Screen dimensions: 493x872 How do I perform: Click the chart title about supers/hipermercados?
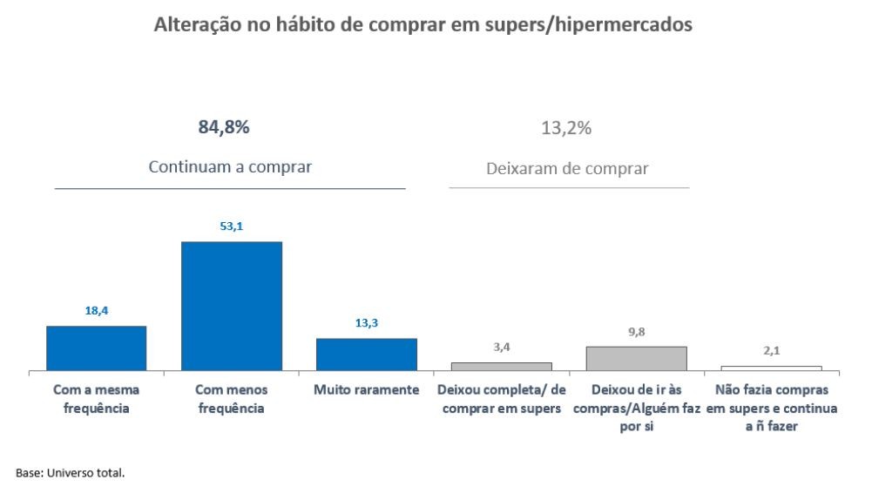423,25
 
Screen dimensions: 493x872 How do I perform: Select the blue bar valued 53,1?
231,306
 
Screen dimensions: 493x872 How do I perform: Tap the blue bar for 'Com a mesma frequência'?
96,348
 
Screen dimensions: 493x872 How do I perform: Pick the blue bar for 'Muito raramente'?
366,355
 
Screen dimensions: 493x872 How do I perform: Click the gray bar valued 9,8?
636,358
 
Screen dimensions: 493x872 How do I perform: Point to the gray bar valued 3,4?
501,367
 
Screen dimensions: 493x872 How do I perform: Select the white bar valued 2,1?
771,368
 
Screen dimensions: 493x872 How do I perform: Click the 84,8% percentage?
224,127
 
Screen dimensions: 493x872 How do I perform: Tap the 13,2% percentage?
566,128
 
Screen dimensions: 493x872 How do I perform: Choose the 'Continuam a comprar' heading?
230,167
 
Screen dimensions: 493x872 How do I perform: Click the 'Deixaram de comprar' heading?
567,169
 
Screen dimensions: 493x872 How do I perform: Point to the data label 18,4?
96,309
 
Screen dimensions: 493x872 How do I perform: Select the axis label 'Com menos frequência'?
231,399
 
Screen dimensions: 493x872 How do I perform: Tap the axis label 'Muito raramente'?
366,390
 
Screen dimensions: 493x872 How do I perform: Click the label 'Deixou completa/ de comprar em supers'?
501,399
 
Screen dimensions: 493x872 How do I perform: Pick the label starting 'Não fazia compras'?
771,409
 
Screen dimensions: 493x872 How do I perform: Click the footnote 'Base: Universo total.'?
71,473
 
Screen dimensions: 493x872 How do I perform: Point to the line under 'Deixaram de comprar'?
569,188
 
